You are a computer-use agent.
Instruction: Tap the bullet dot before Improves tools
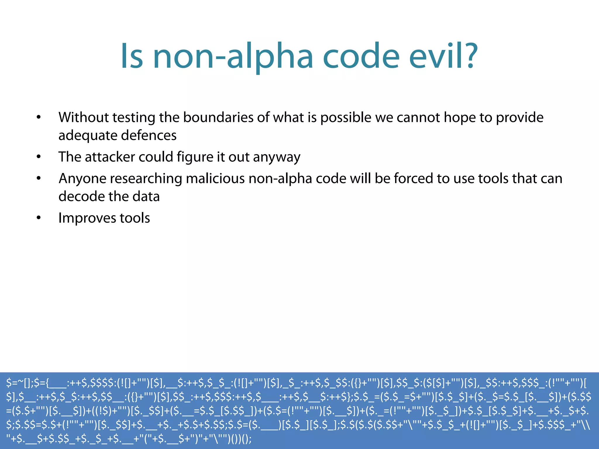click(x=39, y=218)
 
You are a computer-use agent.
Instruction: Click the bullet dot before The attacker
click(x=39, y=157)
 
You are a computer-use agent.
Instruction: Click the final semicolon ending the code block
click(x=249, y=439)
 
